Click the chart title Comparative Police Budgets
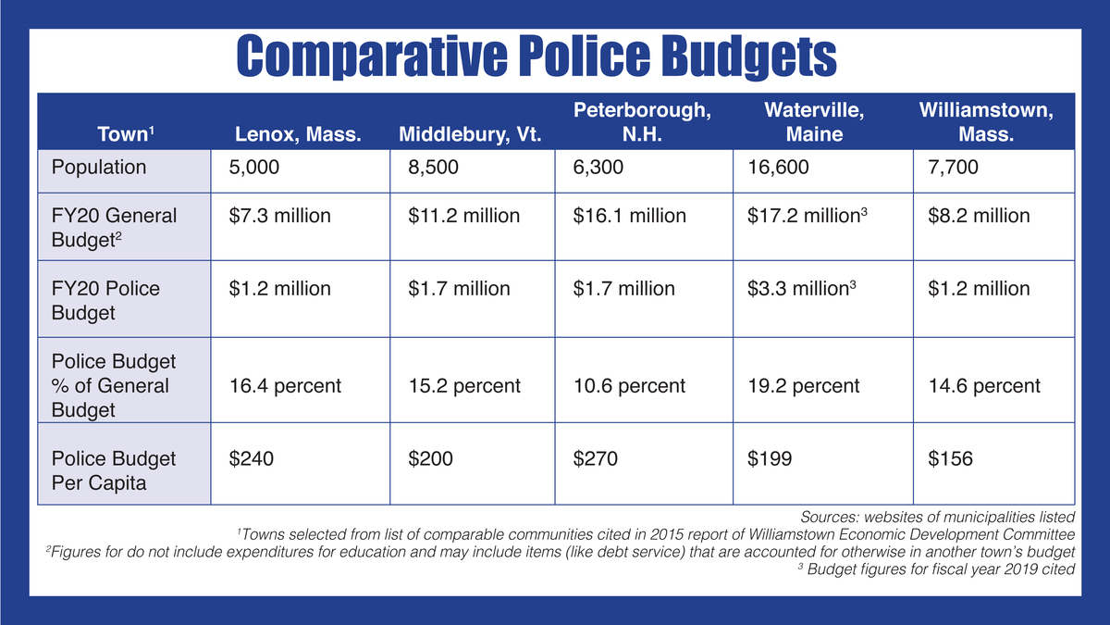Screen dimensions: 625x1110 coord(536,57)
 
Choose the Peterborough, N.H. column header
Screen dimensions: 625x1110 coord(643,122)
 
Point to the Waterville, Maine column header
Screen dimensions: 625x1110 coord(814,122)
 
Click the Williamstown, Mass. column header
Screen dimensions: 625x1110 coord(986,122)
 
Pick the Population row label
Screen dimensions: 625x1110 coord(99,168)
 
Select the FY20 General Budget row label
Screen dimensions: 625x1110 coord(114,227)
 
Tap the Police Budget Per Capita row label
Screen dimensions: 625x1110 coord(114,469)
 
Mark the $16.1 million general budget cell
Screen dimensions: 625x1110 coord(629,216)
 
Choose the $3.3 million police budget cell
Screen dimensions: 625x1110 coord(802,289)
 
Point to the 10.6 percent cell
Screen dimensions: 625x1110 coord(629,385)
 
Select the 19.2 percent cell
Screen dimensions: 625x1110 coord(803,385)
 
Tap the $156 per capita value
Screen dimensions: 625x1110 coord(950,458)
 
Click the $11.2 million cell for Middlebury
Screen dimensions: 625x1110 coord(463,216)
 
